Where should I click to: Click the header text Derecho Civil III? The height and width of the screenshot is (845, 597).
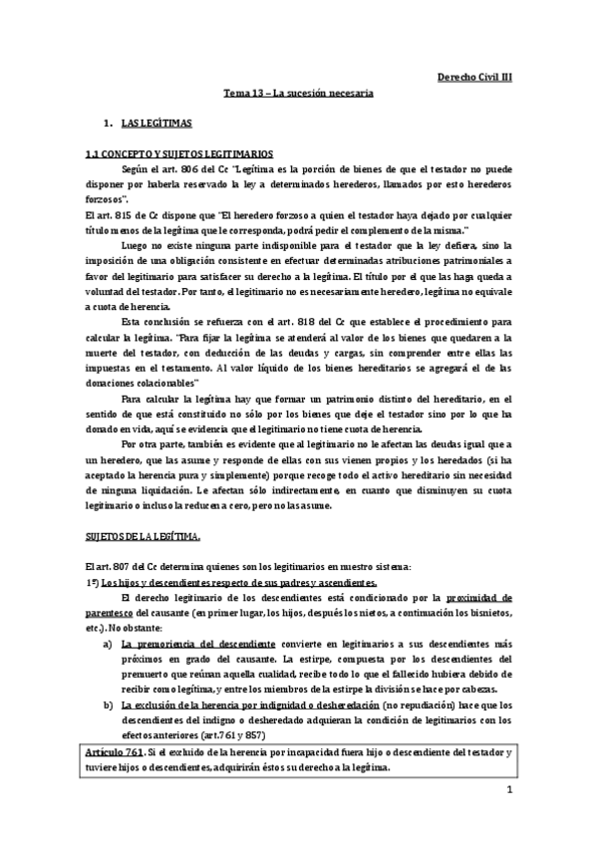pos(474,75)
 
